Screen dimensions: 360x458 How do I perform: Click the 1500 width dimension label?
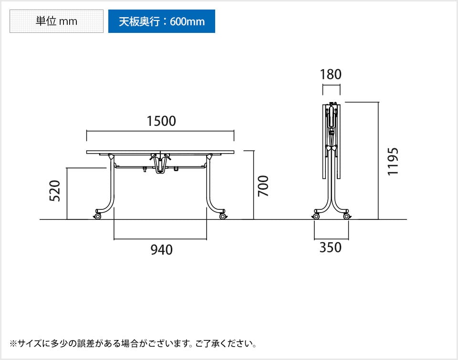click(161, 121)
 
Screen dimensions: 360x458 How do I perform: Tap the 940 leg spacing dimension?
click(161, 249)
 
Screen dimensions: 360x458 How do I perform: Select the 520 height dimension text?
click(56, 191)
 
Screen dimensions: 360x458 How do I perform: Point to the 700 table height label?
click(263, 186)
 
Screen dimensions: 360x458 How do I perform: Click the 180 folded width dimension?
click(331, 74)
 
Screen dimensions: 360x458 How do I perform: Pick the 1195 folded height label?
click(393, 161)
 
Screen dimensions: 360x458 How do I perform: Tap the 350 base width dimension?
click(331, 247)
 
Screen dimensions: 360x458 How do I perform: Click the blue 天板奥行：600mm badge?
click(161, 21)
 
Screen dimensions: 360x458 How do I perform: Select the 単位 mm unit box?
click(56, 21)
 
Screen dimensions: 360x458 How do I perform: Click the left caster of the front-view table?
click(98, 216)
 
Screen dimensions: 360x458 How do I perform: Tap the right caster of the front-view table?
click(223, 216)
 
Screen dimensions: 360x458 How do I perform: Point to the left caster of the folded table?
click(316, 216)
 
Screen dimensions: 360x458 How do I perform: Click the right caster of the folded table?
click(346, 216)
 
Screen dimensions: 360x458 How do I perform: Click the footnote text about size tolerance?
click(134, 343)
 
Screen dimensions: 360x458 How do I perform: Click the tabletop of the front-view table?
click(160, 152)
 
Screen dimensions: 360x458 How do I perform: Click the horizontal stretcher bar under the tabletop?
click(134, 166)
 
